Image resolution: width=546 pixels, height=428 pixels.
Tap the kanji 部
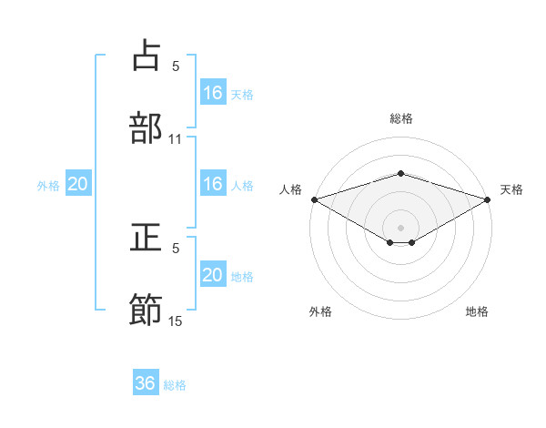tap(147, 127)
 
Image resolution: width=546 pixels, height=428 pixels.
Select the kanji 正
tap(147, 239)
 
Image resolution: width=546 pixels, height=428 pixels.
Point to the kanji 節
tap(147, 310)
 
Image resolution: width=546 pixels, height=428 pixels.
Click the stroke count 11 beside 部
tap(176, 139)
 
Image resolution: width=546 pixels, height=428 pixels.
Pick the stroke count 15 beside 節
tap(176, 321)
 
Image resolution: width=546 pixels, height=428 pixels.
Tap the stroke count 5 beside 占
tap(176, 66)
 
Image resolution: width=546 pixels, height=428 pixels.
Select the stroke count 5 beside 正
tap(176, 248)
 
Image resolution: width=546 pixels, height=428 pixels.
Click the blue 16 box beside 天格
tap(213, 93)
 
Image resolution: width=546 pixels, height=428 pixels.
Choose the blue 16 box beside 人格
tap(213, 184)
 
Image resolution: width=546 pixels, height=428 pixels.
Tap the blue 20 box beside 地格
tap(213, 275)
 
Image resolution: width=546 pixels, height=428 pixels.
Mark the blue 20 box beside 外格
tap(78, 184)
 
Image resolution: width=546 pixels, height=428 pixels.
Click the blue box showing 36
tap(146, 383)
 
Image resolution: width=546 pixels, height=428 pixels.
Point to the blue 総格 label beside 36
tap(176, 385)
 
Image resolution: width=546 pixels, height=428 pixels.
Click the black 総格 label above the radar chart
tap(401, 118)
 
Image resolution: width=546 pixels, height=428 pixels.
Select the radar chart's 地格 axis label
tap(477, 312)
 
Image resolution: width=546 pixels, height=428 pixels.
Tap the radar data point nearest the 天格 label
tap(489, 199)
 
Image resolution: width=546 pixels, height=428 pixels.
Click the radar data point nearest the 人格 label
tap(314, 199)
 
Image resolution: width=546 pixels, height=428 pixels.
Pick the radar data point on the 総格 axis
tap(401, 173)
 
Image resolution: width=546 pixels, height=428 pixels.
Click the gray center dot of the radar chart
tap(401, 227)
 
